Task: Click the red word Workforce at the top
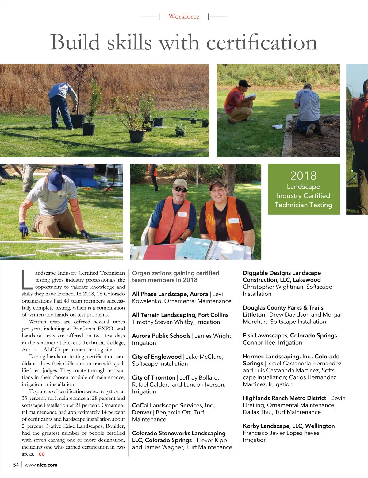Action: coord(184,17)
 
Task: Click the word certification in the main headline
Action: coord(262,42)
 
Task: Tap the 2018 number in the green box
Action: coord(303,175)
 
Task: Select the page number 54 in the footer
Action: coord(16,465)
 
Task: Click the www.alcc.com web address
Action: coord(41,465)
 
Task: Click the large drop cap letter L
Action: coord(27,279)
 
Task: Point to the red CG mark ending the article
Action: coord(41,454)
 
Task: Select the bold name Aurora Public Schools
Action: coord(161,336)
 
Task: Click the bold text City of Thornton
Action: coord(153,378)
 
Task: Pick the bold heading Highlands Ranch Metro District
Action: coord(284,398)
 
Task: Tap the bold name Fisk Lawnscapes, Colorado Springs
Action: coord(289,336)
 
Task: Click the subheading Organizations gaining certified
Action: coord(175,273)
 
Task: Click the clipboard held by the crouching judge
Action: coord(249,97)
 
